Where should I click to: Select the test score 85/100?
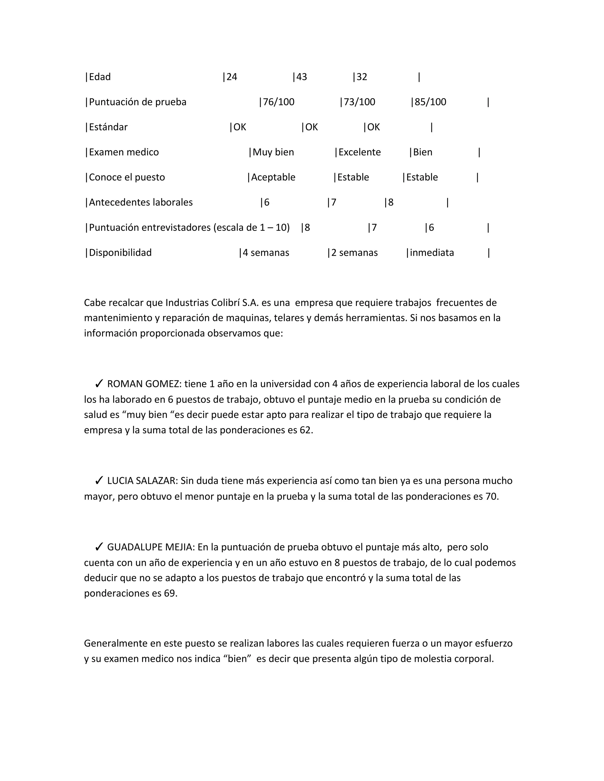[x=430, y=102]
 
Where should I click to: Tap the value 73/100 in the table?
[x=359, y=102]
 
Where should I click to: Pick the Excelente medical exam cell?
[x=359, y=152]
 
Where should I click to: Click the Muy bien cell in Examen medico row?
[x=273, y=152]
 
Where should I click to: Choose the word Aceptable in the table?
[x=273, y=177]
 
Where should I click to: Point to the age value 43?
[x=302, y=77]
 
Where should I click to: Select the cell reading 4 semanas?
[x=266, y=253]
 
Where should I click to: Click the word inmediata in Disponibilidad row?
[x=431, y=253]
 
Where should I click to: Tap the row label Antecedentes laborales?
[x=141, y=202]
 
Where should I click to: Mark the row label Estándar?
[x=108, y=127]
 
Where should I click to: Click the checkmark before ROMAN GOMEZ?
[x=99, y=384]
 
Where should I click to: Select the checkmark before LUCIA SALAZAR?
[x=99, y=481]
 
